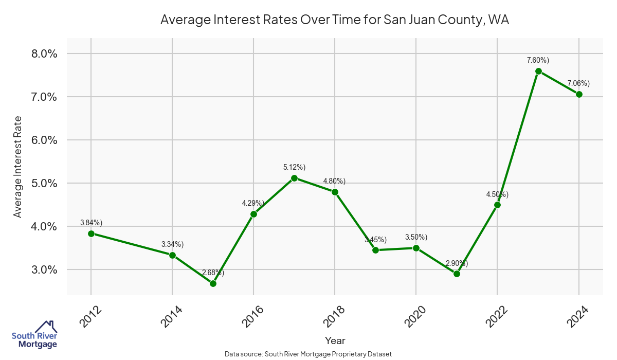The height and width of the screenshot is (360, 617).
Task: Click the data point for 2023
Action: [538, 71]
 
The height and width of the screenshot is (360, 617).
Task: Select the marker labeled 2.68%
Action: [213, 283]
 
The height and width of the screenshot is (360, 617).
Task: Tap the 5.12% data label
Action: [294, 167]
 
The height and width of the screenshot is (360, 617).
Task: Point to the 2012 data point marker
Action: [91, 233]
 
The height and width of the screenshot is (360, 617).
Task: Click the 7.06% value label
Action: [578, 83]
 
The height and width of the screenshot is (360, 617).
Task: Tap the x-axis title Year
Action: [335, 340]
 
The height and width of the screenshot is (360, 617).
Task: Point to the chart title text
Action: [335, 20]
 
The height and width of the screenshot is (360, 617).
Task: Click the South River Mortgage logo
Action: [34, 334]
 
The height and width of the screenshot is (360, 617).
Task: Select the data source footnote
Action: [308, 354]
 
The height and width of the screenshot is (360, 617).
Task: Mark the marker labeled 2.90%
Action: [457, 274]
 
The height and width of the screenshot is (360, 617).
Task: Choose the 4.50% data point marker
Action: [497, 205]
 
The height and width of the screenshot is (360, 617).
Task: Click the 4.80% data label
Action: [334, 181]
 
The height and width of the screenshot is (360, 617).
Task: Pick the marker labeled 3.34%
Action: [172, 255]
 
